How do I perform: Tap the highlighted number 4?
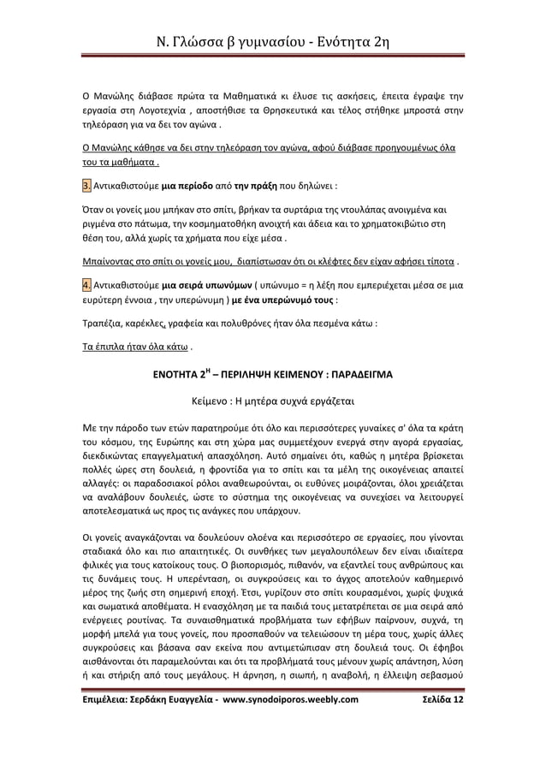(75, 284)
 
